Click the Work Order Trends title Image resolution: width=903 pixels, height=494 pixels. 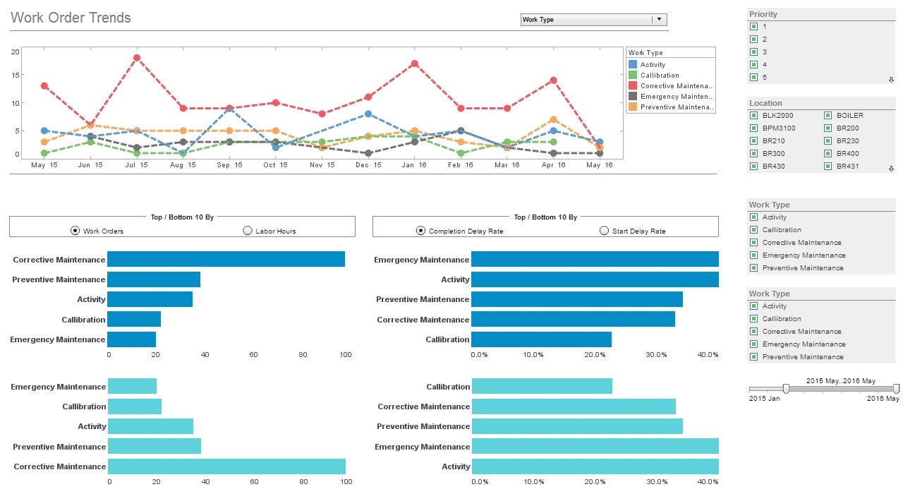pyautogui.click(x=71, y=18)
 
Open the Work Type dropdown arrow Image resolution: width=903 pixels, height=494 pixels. pyautogui.click(x=659, y=20)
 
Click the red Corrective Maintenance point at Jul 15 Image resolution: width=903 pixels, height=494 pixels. pyautogui.click(x=137, y=58)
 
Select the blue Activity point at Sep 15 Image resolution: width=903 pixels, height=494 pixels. pyautogui.click(x=229, y=109)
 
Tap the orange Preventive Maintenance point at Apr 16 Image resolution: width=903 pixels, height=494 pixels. pyautogui.click(x=554, y=120)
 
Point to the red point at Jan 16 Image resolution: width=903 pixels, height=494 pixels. pyautogui.click(x=415, y=64)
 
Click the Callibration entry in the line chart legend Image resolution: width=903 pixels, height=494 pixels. pyautogui.click(x=659, y=76)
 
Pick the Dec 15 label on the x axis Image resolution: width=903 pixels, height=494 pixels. pyautogui.click(x=368, y=165)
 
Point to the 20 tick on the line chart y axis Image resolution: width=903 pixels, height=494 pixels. pyautogui.click(x=15, y=52)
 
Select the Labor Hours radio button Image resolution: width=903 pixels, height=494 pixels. pyautogui.click(x=247, y=230)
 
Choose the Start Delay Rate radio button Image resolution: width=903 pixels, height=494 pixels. pyautogui.click(x=604, y=230)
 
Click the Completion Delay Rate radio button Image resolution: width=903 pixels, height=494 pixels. pyautogui.click(x=421, y=230)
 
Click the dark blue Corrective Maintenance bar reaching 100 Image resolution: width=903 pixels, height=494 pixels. pyautogui.click(x=226, y=260)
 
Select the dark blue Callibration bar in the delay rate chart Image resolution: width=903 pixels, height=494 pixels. pyautogui.click(x=541, y=339)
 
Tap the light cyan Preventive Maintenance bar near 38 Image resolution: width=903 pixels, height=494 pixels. pyautogui.click(x=154, y=446)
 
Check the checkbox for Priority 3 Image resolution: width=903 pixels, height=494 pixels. pyautogui.click(x=753, y=52)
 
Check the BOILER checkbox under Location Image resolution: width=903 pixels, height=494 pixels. pyautogui.click(x=828, y=116)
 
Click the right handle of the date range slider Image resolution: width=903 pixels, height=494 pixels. pyautogui.click(x=896, y=388)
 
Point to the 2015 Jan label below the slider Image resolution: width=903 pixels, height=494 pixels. pyautogui.click(x=764, y=399)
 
